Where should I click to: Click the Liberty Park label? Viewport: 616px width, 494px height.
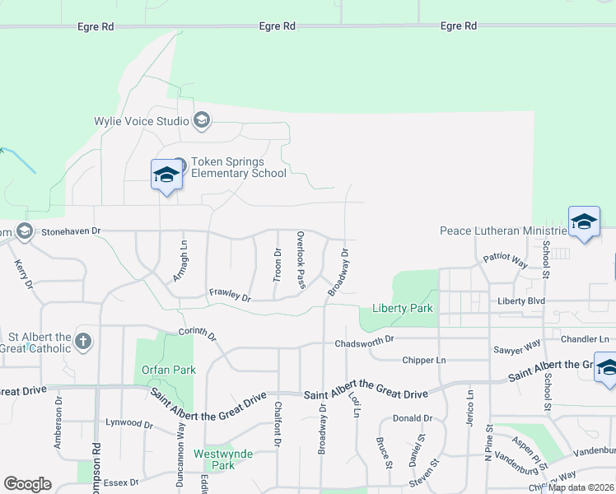[401, 309]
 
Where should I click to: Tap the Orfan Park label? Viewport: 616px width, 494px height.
[168, 370]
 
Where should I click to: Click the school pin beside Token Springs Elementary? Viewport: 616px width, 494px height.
[166, 175]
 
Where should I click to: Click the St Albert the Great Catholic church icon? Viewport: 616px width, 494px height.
[82, 341]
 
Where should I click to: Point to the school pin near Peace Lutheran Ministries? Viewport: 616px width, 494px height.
[584, 223]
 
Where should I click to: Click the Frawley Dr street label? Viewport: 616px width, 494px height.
[229, 294]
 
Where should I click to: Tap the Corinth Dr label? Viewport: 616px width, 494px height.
[197, 334]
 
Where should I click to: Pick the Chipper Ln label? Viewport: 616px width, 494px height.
[423, 360]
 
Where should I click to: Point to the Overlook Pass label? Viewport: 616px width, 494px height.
[301, 259]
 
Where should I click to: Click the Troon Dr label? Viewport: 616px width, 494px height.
[278, 263]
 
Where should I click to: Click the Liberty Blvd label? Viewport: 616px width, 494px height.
[520, 301]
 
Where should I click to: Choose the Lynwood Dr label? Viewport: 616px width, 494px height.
[128, 423]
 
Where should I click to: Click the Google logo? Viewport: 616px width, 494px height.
[28, 484]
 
